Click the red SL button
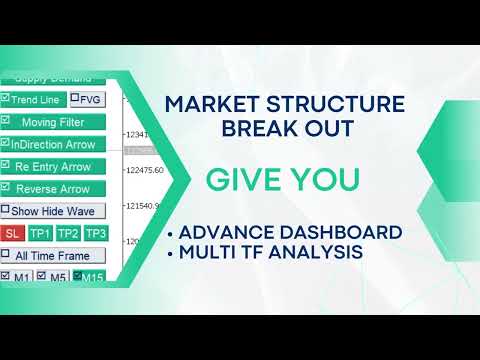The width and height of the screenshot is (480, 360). [x=13, y=233]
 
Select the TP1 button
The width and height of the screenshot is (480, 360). [x=40, y=233]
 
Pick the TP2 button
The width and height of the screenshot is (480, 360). [x=68, y=233]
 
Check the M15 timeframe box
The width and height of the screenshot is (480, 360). [x=78, y=277]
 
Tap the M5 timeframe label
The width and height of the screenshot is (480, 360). [x=58, y=277]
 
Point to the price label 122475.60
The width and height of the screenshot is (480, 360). [x=144, y=170]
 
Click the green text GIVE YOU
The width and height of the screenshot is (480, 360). [x=283, y=180]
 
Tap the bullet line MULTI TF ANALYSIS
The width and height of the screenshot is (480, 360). [x=270, y=253]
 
